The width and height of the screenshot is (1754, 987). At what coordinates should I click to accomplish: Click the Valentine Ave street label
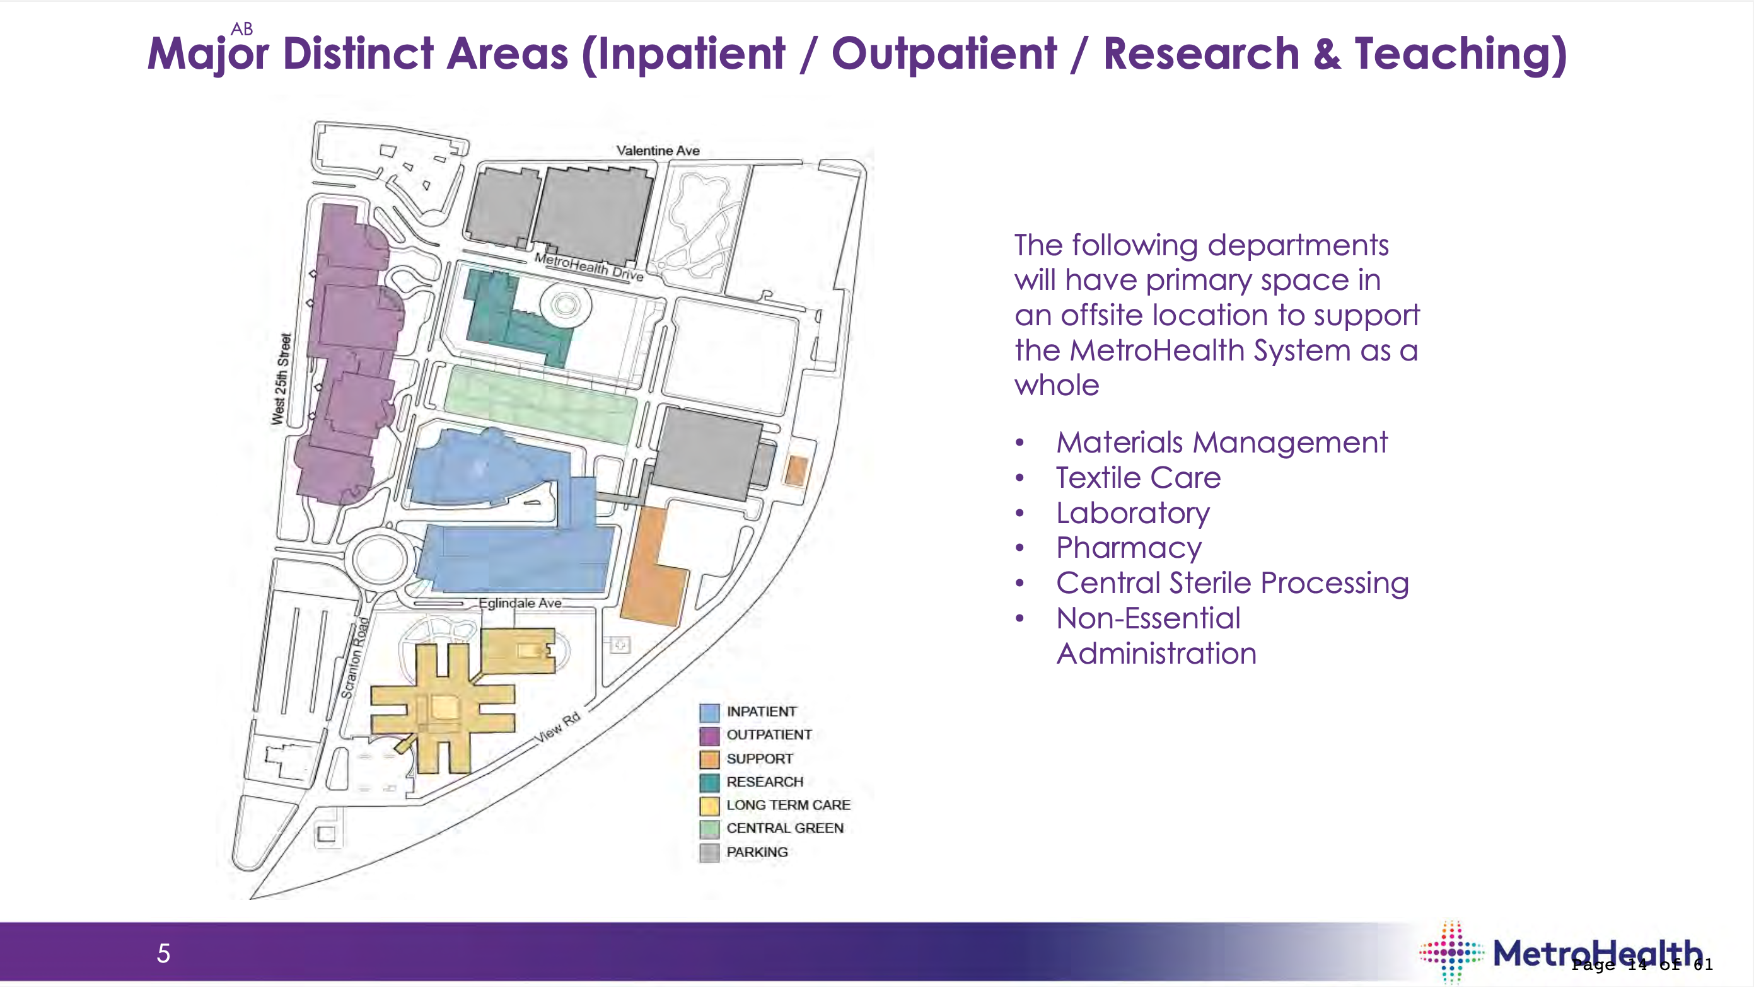click(x=658, y=151)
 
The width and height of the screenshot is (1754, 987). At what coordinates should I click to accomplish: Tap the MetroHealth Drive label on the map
click(x=589, y=266)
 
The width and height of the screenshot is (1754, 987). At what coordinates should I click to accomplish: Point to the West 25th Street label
click(x=282, y=379)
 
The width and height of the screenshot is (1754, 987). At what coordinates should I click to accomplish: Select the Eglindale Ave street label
click(x=520, y=603)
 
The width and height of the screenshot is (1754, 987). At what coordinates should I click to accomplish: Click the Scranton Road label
click(x=356, y=657)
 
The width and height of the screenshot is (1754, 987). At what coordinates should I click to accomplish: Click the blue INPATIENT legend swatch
click(x=709, y=713)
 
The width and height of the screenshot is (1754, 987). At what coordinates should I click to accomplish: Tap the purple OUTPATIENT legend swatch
click(x=709, y=736)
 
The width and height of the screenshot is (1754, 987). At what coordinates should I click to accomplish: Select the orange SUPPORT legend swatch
click(x=709, y=759)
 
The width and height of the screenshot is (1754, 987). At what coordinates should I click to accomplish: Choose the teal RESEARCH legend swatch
click(x=709, y=783)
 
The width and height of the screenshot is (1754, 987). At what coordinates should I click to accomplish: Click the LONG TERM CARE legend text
click(x=788, y=805)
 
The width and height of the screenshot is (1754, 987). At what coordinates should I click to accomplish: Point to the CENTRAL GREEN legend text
click(x=784, y=828)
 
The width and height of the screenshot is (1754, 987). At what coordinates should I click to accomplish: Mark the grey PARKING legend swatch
click(x=709, y=852)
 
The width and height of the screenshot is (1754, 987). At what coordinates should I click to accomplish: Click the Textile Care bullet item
click(x=1138, y=478)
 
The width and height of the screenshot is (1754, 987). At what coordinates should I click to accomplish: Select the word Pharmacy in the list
click(x=1129, y=548)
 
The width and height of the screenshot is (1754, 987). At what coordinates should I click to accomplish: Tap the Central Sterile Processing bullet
click(x=1232, y=584)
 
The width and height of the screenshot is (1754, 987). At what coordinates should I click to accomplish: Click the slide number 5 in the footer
click(x=163, y=953)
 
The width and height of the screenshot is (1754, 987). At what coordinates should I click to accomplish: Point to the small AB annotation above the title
click(x=241, y=28)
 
